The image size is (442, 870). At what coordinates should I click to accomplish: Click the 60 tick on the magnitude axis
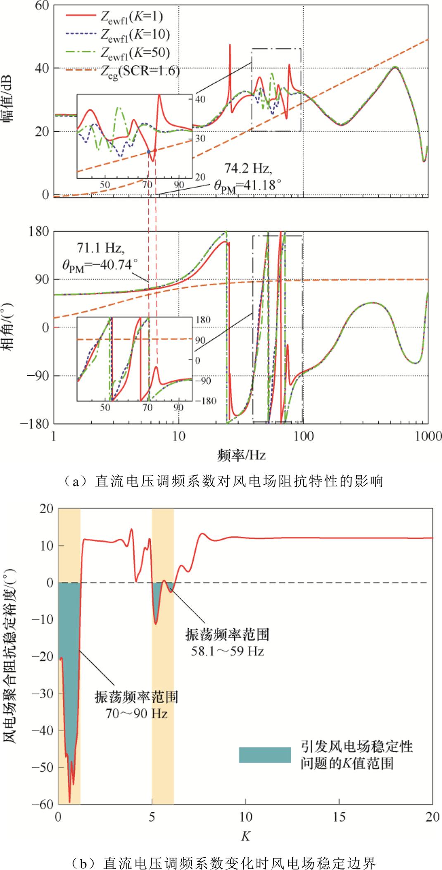coord(41,5)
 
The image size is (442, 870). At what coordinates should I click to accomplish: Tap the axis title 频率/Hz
coord(241,455)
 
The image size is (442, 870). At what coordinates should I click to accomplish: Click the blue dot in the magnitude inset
coord(149,152)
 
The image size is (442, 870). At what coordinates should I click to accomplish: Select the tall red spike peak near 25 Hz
coord(230,45)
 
